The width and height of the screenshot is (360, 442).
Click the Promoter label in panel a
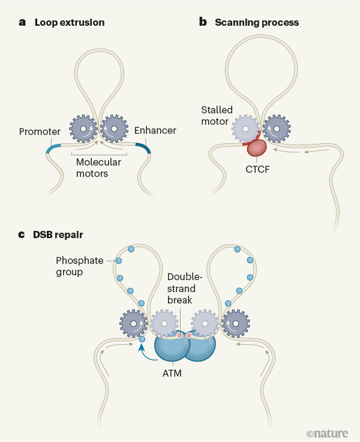click(x=40, y=131)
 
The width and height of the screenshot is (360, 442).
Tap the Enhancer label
click(x=155, y=131)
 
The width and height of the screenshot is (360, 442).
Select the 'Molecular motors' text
click(x=98, y=168)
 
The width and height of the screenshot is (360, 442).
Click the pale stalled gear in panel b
click(x=245, y=127)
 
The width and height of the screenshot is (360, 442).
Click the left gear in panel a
click(x=83, y=128)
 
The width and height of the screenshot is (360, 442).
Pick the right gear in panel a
click(x=113, y=128)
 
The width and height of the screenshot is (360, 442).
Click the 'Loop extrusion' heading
click(x=70, y=23)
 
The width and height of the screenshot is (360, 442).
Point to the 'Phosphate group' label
click(x=77, y=267)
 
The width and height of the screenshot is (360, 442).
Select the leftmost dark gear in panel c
click(x=133, y=324)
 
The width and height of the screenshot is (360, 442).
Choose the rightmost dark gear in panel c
click(x=236, y=324)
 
